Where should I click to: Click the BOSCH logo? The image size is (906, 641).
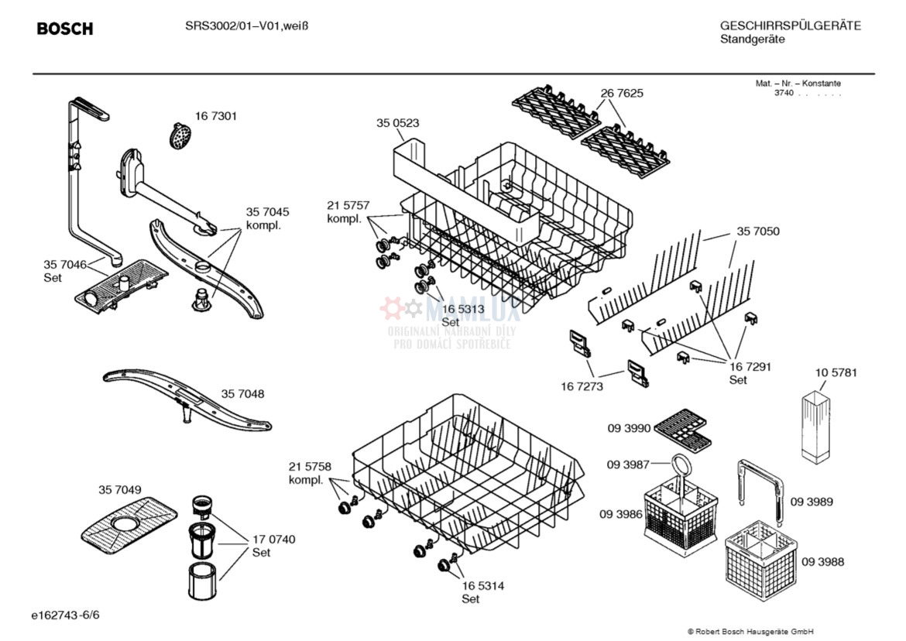tap(65, 29)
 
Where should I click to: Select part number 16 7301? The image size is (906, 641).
tap(215, 116)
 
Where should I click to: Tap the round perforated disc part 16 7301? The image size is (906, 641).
tap(181, 135)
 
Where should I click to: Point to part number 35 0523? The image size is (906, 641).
tap(397, 123)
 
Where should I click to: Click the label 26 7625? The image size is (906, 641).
tap(622, 93)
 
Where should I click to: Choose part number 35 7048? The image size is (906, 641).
tap(242, 394)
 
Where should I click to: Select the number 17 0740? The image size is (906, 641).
tap(274, 540)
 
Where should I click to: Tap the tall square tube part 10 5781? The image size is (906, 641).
tap(816, 427)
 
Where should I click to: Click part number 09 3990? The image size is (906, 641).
tap(629, 428)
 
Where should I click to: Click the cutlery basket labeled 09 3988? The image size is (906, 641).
tap(761, 560)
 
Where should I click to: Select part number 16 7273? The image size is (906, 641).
tap(582, 386)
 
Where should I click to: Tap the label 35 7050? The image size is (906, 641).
tap(758, 231)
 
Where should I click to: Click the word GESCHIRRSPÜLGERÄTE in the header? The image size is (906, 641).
tap(791, 26)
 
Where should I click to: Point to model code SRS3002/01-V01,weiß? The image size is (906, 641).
tap(247, 26)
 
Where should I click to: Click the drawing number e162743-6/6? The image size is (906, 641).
tap(65, 615)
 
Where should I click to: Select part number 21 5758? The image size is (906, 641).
tap(311, 466)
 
